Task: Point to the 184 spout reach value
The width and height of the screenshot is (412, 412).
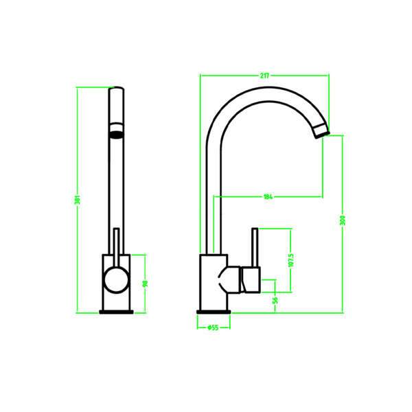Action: (268, 197)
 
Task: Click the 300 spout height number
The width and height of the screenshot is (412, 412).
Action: (343, 220)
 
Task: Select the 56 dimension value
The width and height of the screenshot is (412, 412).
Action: (276, 299)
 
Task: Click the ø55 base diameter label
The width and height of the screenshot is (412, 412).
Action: (213, 328)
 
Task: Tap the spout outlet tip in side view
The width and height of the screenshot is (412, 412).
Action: (321, 131)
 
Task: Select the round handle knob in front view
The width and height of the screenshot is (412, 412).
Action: (115, 282)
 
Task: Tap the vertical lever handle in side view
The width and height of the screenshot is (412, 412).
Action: (253, 247)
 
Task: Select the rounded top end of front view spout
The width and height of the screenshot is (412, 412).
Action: (117, 90)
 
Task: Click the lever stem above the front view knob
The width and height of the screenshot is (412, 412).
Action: (116, 244)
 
